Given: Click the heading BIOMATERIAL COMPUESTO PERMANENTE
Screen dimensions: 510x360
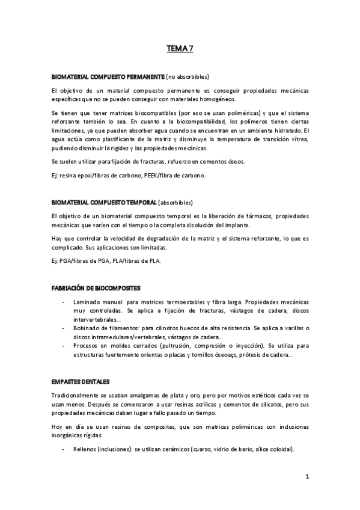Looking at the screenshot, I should (x=108, y=77).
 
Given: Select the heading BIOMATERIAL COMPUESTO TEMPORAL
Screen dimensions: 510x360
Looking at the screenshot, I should (x=105, y=202).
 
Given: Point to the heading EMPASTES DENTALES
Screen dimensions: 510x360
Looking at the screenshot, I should (x=81, y=381).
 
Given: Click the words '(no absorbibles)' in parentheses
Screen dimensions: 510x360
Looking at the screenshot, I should (x=188, y=77).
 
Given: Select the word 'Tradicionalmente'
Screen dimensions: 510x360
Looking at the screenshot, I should (x=79, y=395).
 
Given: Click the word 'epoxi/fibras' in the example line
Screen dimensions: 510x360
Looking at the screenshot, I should (x=100, y=175).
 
